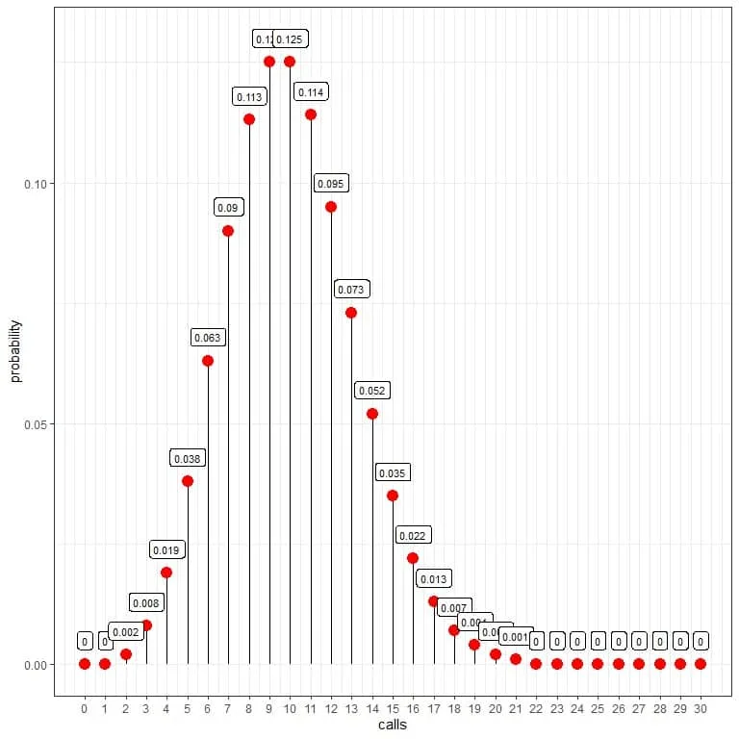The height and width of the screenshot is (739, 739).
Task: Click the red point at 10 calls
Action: click(x=290, y=62)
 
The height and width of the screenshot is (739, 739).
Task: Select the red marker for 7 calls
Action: click(x=228, y=231)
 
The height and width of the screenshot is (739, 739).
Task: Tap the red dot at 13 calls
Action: click(x=351, y=313)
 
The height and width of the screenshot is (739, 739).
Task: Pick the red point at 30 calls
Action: click(x=701, y=664)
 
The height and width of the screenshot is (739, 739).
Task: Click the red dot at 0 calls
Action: click(x=85, y=664)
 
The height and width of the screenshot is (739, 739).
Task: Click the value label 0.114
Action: click(x=311, y=92)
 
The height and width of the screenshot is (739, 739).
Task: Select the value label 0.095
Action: click(x=331, y=184)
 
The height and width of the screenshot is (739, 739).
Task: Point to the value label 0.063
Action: click(x=208, y=338)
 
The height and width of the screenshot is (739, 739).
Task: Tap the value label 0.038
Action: click(x=187, y=458)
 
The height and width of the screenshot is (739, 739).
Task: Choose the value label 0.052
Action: click(x=371, y=391)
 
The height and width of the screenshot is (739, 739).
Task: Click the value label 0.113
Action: click(x=249, y=97)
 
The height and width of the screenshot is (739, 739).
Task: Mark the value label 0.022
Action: click(x=413, y=535)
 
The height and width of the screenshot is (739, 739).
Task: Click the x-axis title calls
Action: click(x=392, y=725)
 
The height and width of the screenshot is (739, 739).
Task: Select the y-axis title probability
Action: click(x=15, y=350)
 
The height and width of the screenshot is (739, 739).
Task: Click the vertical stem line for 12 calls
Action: click(x=331, y=433)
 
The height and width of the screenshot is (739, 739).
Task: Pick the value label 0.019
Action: click(x=166, y=549)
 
